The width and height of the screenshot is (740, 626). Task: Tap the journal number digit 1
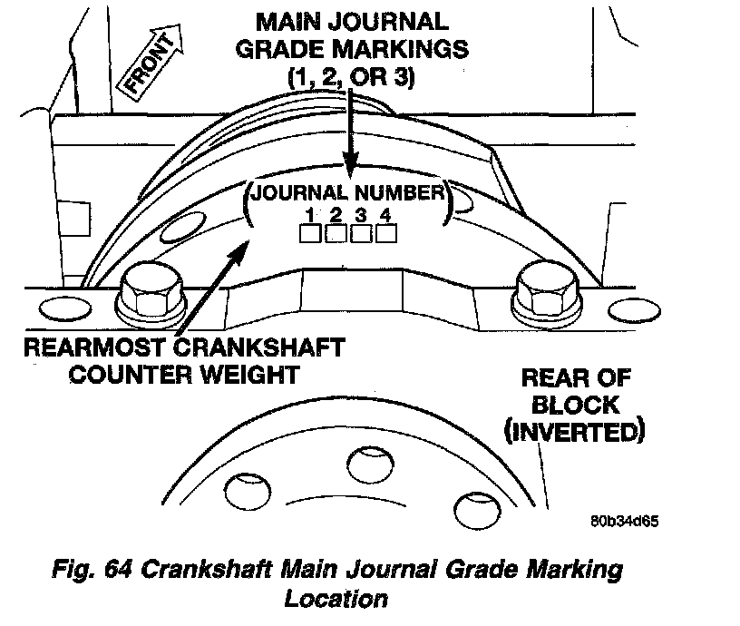click(x=310, y=215)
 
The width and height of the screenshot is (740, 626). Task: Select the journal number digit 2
click(x=335, y=215)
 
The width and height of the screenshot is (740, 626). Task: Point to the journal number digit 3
click(x=360, y=215)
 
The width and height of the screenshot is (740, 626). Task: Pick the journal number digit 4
click(x=385, y=215)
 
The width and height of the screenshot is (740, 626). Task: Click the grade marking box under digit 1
click(x=310, y=234)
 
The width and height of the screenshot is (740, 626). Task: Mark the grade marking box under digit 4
click(x=386, y=234)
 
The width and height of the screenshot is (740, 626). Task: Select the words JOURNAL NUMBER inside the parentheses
click(x=347, y=192)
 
